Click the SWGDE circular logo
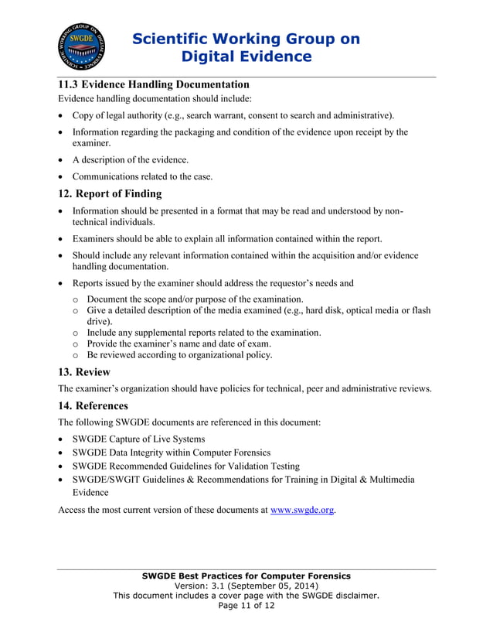(82, 47)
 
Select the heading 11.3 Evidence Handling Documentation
(154, 84)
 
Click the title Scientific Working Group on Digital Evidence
(246, 47)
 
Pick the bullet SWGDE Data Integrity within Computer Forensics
(171, 452)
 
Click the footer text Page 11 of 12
(246, 606)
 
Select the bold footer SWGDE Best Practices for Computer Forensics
(246, 576)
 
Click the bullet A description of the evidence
(130, 159)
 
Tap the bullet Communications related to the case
(142, 176)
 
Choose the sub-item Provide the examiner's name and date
(178, 343)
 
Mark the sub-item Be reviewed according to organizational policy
(179, 355)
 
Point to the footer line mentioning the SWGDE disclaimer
(246, 596)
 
